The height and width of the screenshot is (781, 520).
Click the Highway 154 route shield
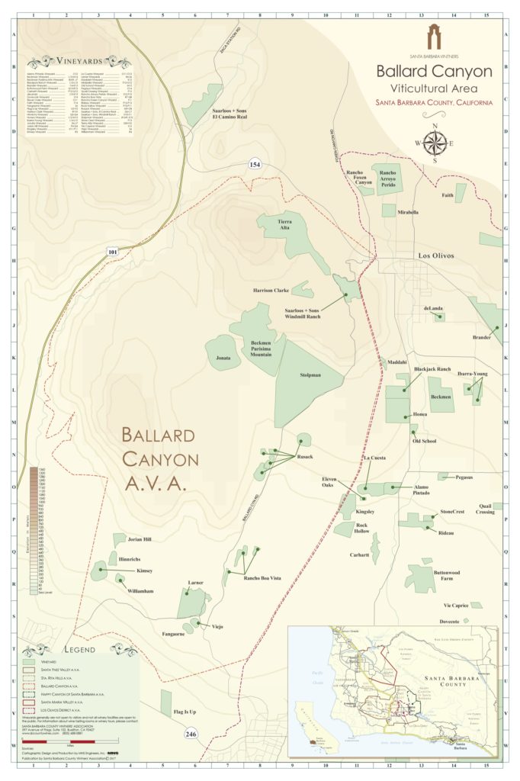click(x=254, y=166)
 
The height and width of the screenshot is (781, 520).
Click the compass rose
click(x=435, y=142)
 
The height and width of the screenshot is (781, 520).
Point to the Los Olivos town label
click(x=435, y=256)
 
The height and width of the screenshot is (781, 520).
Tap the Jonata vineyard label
click(x=222, y=357)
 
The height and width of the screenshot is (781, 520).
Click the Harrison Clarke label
click(x=271, y=291)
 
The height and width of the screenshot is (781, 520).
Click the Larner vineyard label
click(x=195, y=583)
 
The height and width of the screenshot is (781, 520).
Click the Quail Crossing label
click(x=486, y=509)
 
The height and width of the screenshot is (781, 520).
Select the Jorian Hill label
click(x=140, y=539)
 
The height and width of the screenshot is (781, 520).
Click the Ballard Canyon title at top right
click(x=434, y=71)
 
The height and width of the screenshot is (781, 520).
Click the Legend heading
click(x=79, y=650)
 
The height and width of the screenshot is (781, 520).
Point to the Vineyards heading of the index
click(x=79, y=61)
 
